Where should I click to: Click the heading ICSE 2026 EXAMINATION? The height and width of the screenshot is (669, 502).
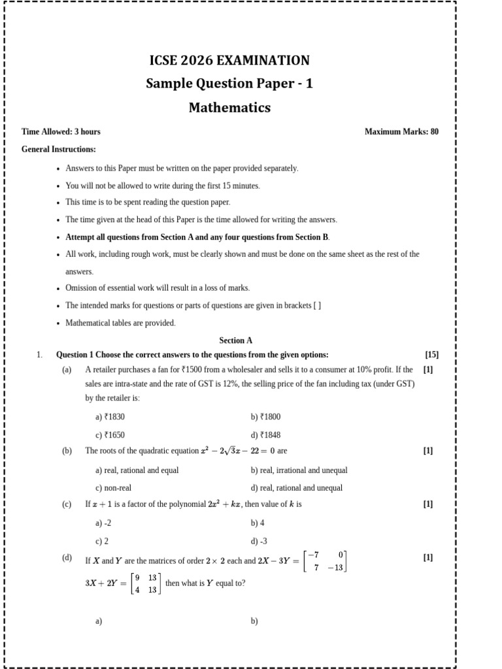[x=229, y=61]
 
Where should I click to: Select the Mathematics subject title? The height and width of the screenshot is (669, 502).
[x=229, y=108]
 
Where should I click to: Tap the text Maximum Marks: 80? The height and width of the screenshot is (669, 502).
[x=401, y=131]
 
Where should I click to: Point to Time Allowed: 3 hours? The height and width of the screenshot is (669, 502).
[x=61, y=131]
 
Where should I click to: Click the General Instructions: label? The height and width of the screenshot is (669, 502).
[x=59, y=150]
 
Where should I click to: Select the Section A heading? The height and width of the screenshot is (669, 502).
[x=236, y=340]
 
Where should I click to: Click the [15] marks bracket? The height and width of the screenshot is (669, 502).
[x=431, y=355]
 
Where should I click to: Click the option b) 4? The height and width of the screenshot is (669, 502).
[x=258, y=523]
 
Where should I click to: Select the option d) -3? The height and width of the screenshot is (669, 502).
[x=259, y=541]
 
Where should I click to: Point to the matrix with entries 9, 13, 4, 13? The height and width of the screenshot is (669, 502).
[x=146, y=583]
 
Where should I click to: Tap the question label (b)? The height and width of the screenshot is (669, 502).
[x=67, y=451]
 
